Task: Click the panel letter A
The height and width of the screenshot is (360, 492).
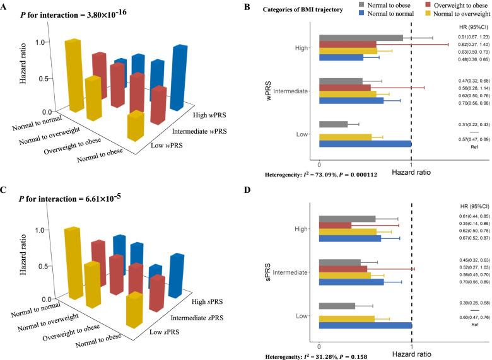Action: point(4,6)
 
